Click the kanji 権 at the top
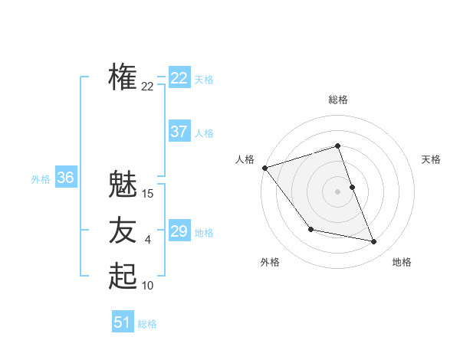click(123, 77)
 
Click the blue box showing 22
click(179, 78)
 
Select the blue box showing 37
click(179, 132)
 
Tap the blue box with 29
click(179, 231)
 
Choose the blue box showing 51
click(123, 322)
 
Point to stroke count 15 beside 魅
click(148, 194)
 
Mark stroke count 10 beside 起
click(148, 286)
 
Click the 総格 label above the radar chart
click(338, 100)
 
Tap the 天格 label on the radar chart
click(432, 159)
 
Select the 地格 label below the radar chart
click(402, 262)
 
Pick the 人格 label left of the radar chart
click(245, 159)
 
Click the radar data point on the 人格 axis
click(264, 168)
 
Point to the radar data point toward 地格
click(374, 242)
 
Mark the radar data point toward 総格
click(338, 146)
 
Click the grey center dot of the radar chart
click(338, 191)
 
